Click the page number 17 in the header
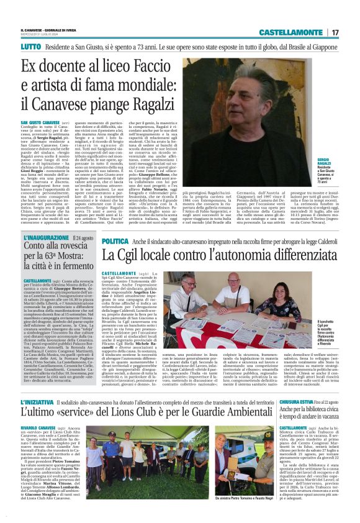pos(335,32)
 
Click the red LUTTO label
pos(30,47)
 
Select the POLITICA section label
pos(115,240)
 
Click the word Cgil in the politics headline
pos(136,255)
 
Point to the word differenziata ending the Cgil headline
pos(294,255)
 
